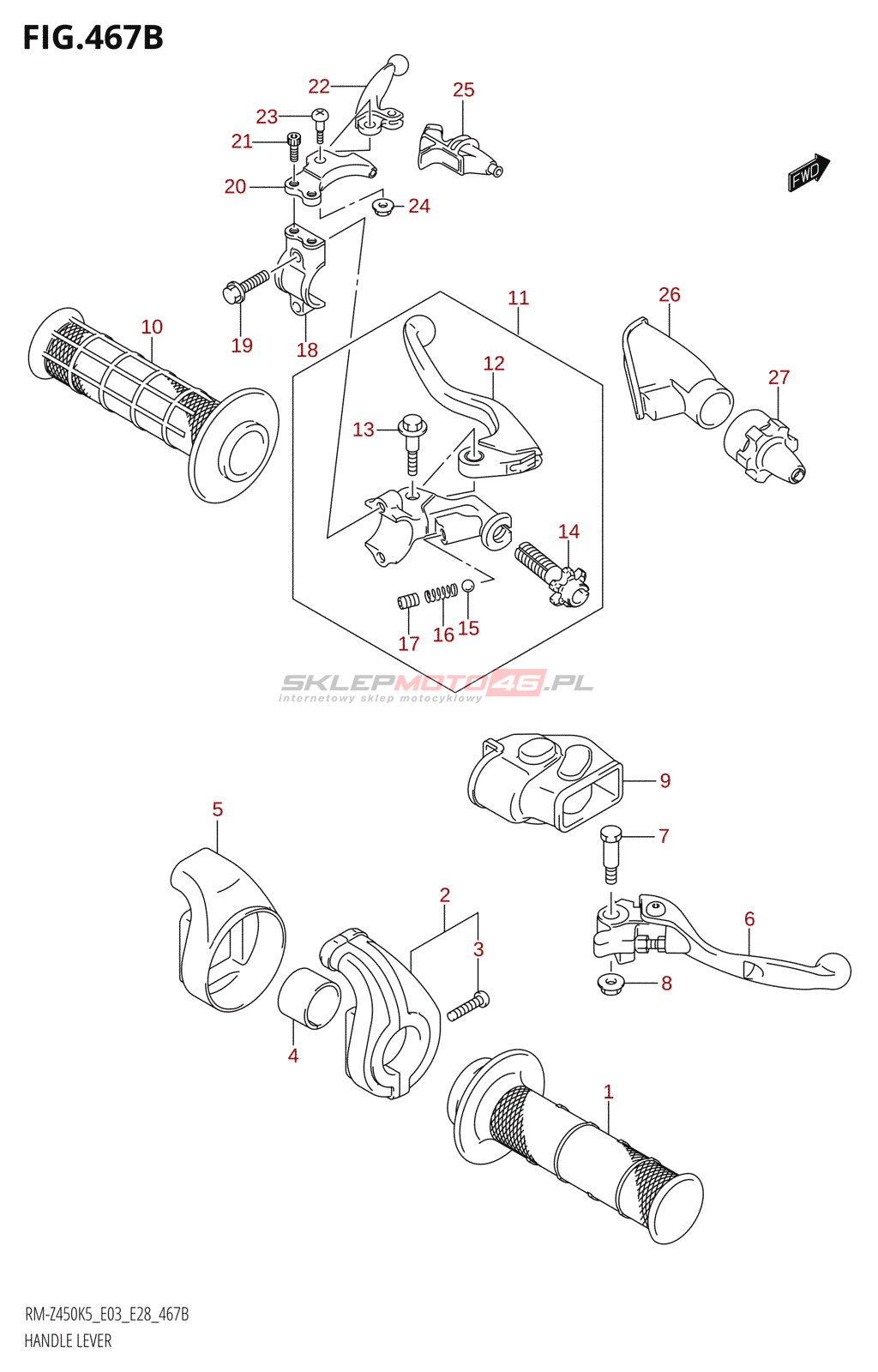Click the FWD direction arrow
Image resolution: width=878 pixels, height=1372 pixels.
click(809, 171)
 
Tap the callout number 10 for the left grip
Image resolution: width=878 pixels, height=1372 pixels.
click(152, 327)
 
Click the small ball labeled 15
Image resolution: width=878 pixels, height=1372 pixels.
click(468, 586)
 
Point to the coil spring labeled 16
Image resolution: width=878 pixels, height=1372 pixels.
click(441, 593)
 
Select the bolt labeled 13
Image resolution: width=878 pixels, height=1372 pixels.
click(412, 442)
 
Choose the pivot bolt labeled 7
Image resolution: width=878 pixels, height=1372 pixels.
click(610, 852)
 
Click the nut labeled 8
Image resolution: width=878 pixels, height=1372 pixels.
click(610, 984)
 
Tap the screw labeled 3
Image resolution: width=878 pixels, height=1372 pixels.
click(468, 1005)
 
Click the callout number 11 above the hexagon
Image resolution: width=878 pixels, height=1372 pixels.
click(518, 298)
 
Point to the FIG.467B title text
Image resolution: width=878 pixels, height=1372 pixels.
click(93, 38)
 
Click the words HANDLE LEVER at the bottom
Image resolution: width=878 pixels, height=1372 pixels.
click(68, 1341)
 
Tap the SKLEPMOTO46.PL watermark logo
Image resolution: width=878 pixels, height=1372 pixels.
click(436, 684)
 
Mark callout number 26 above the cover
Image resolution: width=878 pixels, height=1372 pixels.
click(669, 295)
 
